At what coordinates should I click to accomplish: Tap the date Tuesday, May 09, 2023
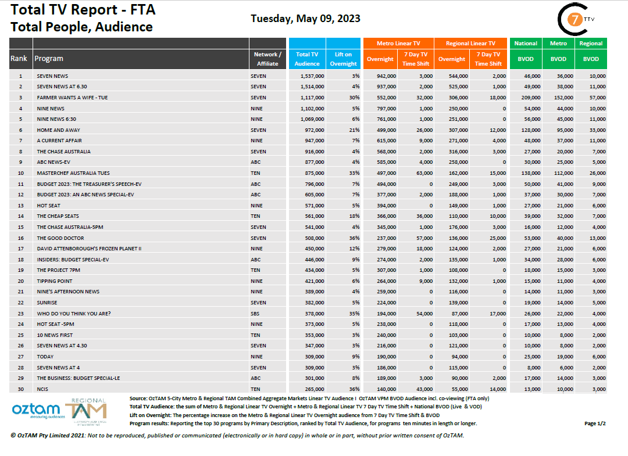305,19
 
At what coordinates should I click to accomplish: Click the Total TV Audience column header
307,59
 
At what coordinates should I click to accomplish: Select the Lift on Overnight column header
343,59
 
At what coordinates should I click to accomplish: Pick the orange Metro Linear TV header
398,44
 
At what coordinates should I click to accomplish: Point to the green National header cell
526,44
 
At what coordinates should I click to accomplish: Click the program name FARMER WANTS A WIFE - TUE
72,98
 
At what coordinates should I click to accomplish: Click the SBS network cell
255,313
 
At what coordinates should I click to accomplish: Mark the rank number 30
20,389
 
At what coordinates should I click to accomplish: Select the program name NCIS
43,389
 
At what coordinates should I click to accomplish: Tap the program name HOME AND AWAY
58,130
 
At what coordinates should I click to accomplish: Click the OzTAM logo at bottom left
36,410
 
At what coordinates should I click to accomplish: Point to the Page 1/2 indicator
595,423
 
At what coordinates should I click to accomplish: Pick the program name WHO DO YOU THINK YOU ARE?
73,313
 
